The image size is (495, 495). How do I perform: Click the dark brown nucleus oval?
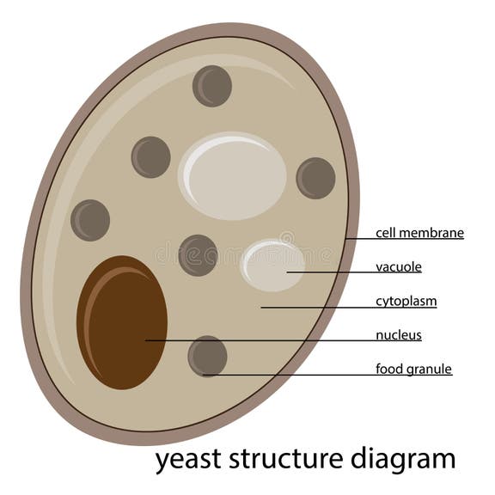(x=122, y=322)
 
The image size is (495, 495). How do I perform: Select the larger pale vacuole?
(x=232, y=175)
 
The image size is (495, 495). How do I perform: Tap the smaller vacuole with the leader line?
(x=272, y=266)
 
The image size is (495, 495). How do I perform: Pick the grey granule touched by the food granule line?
(x=207, y=356)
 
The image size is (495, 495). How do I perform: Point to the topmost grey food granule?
(x=211, y=86)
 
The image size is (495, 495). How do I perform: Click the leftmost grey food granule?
(x=90, y=220)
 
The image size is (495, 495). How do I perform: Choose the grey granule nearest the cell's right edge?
(x=315, y=178)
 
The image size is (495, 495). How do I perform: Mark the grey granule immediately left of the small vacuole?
(x=198, y=255)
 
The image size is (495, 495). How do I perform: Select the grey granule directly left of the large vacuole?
(x=150, y=157)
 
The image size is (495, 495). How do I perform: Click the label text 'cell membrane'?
(x=419, y=233)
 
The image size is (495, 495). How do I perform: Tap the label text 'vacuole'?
(x=398, y=267)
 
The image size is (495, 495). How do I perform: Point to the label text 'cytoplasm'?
(x=406, y=302)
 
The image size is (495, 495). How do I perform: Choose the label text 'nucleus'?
(x=398, y=335)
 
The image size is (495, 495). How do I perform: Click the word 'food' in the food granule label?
(x=389, y=370)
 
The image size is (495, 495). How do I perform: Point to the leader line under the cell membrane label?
(x=404, y=239)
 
